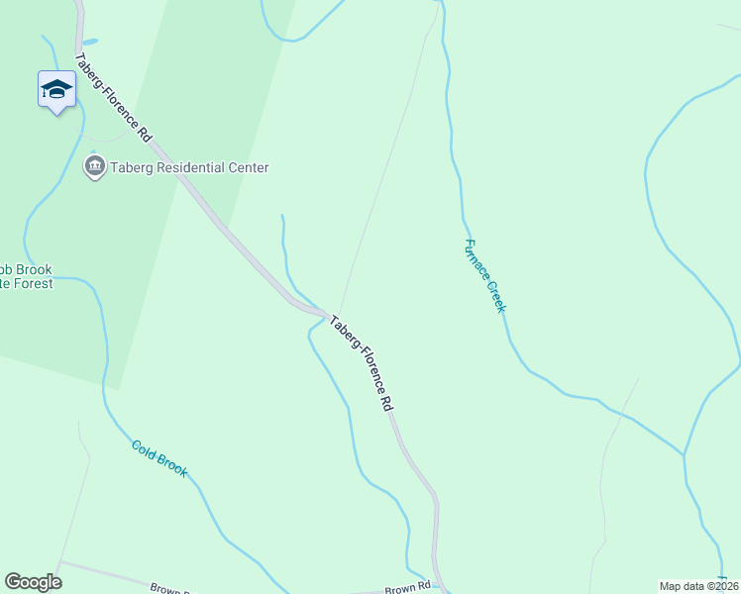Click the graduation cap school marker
point(56,89)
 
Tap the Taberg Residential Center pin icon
point(95,166)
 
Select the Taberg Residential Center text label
point(189,168)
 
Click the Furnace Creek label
point(484,275)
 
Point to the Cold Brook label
point(159,458)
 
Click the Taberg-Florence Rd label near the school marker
point(112,96)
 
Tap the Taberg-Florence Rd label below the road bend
point(362,363)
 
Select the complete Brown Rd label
point(407,587)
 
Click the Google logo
point(33,581)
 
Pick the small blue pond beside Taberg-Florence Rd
point(91,42)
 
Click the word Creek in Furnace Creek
point(494,295)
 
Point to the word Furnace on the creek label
point(476,259)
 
